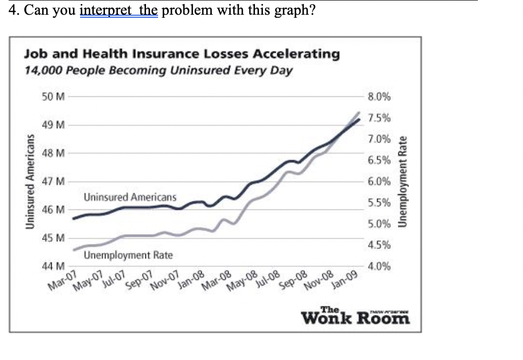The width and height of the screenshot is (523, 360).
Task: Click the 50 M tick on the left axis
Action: [x=53, y=97]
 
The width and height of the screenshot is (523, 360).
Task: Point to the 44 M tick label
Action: [x=53, y=266]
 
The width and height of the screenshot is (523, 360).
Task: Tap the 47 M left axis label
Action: [x=53, y=182]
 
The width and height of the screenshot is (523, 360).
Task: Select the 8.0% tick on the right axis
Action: [x=381, y=97]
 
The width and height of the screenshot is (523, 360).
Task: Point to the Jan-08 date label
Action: [x=192, y=280]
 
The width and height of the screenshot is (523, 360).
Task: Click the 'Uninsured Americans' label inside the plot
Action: [x=130, y=197]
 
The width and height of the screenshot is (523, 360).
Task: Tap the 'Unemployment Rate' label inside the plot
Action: [x=128, y=255]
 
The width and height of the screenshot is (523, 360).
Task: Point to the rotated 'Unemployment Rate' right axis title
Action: [x=403, y=182]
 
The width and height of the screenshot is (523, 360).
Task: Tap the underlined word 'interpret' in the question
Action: [x=104, y=11]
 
